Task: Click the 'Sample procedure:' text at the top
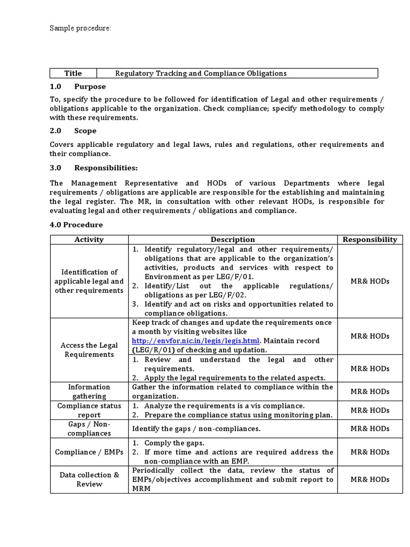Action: (x=80, y=28)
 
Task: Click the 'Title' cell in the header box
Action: (x=73, y=73)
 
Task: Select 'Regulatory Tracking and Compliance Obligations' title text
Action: (x=201, y=73)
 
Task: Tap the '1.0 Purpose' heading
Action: (x=78, y=87)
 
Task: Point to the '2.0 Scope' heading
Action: (x=73, y=131)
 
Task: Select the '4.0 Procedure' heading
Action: (x=76, y=225)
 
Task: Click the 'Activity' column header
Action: (x=89, y=240)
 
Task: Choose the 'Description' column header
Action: (x=233, y=240)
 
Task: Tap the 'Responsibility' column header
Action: (x=369, y=240)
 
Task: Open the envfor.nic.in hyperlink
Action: (x=196, y=341)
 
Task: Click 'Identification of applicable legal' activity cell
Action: (x=89, y=282)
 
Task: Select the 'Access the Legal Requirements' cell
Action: (x=89, y=350)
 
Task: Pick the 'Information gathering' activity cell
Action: (x=89, y=392)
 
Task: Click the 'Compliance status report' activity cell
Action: (x=89, y=410)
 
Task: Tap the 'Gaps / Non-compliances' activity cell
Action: (x=89, y=428)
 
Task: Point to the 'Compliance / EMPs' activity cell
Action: (x=89, y=452)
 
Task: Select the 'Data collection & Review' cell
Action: (x=89, y=479)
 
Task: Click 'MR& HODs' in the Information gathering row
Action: (x=369, y=392)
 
